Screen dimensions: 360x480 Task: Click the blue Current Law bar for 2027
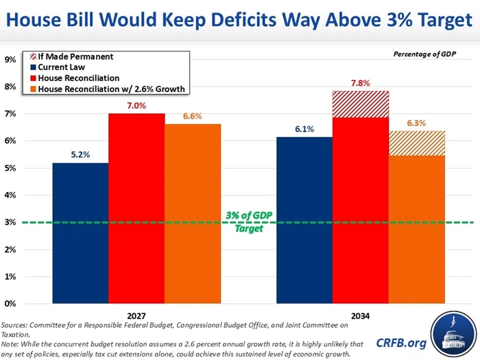pyautogui.click(x=80, y=233)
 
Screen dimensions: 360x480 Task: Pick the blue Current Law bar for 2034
pyautogui.click(x=304, y=220)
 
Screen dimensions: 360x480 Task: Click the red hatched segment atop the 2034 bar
pyautogui.click(x=361, y=104)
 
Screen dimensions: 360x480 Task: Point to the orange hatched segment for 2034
pyautogui.click(x=417, y=143)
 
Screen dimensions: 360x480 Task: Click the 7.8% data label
pyautogui.click(x=361, y=83)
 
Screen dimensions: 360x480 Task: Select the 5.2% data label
pyautogui.click(x=80, y=155)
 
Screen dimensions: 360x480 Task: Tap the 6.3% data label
pyautogui.click(x=417, y=123)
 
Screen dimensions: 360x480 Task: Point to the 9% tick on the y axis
pyautogui.click(x=11, y=60)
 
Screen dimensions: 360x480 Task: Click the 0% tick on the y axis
pyautogui.click(x=11, y=304)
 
